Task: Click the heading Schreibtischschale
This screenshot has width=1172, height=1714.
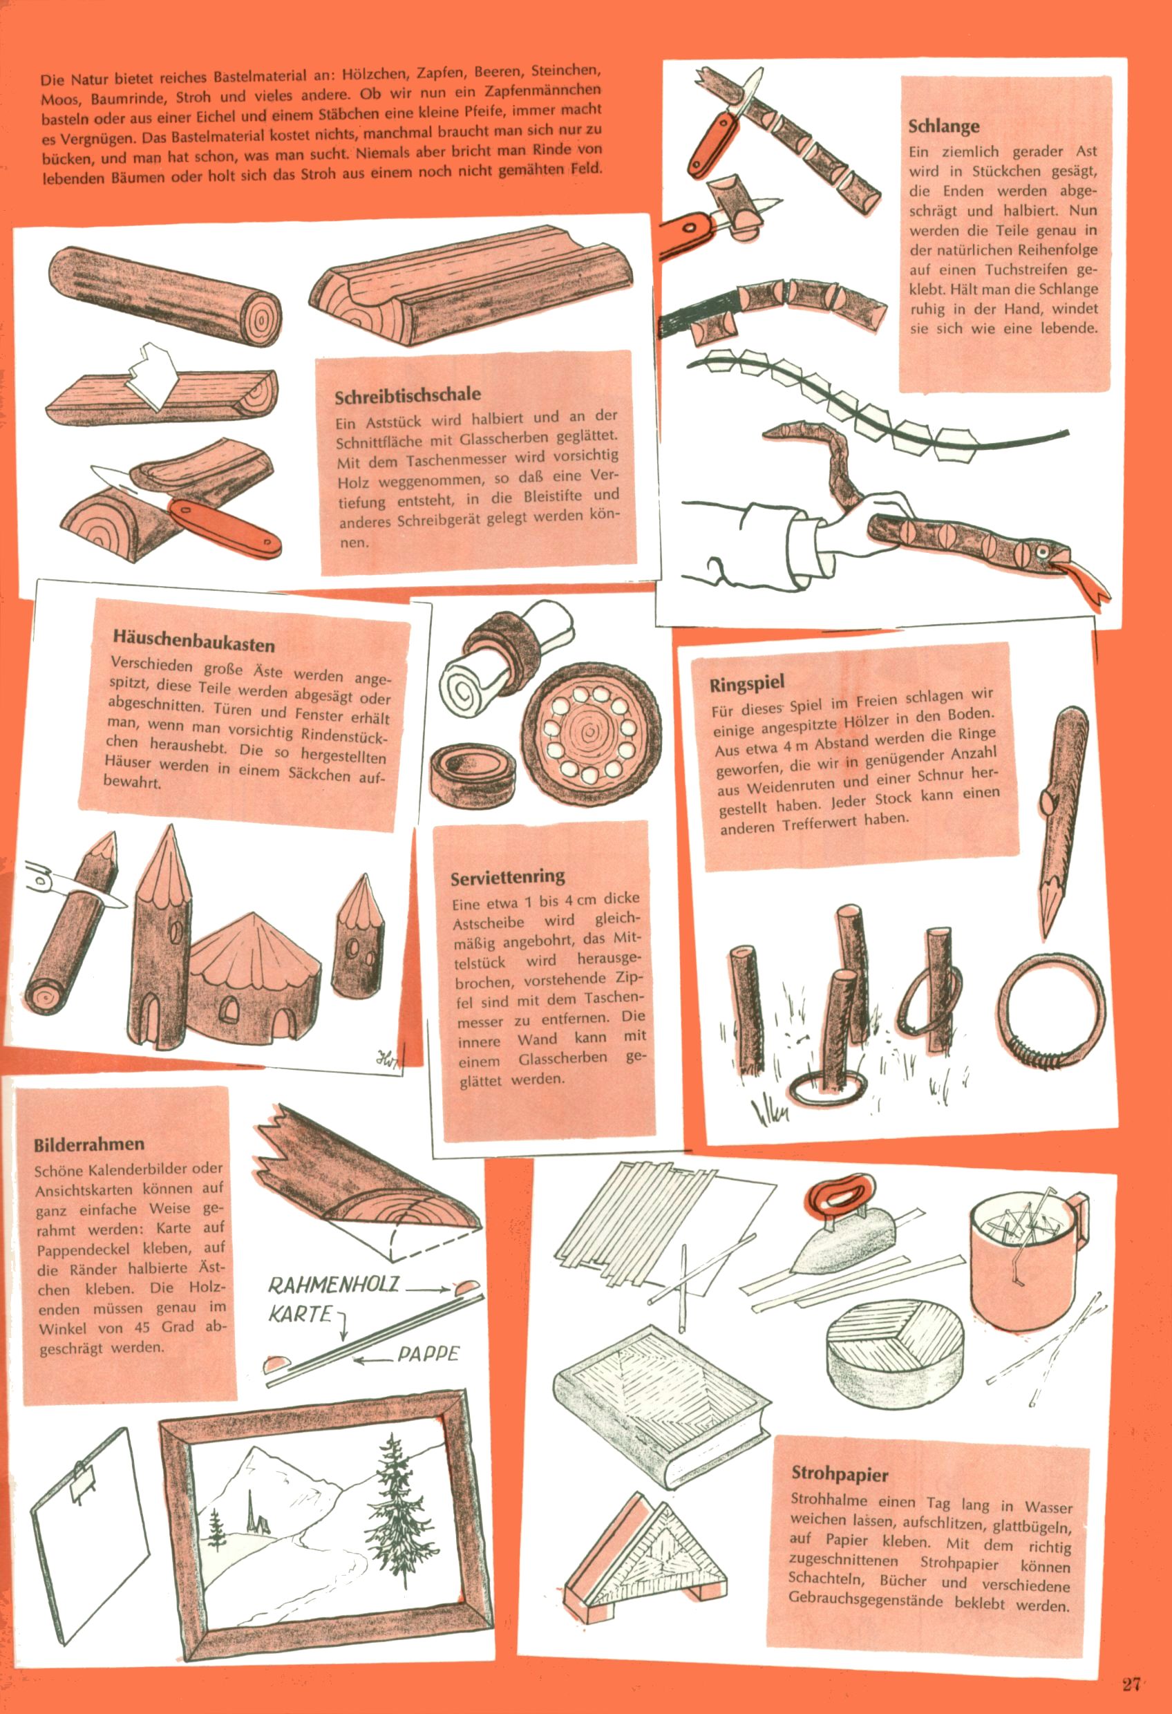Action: [x=408, y=395]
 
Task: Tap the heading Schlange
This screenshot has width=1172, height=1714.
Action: [x=943, y=126]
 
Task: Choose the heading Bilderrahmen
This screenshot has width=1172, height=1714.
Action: [x=88, y=1144]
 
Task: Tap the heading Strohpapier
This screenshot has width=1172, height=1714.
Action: [x=840, y=1474]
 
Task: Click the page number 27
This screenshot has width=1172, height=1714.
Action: [x=1131, y=1663]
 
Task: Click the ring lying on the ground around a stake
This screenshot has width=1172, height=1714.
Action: [x=828, y=1086]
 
